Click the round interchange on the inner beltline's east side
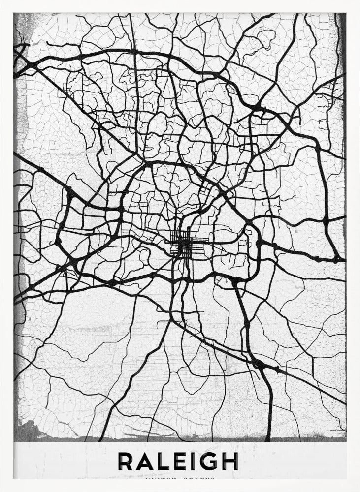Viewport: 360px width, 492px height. (258, 242)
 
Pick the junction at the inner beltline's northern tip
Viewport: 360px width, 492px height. (147, 162)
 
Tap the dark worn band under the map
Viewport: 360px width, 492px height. (180, 437)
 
